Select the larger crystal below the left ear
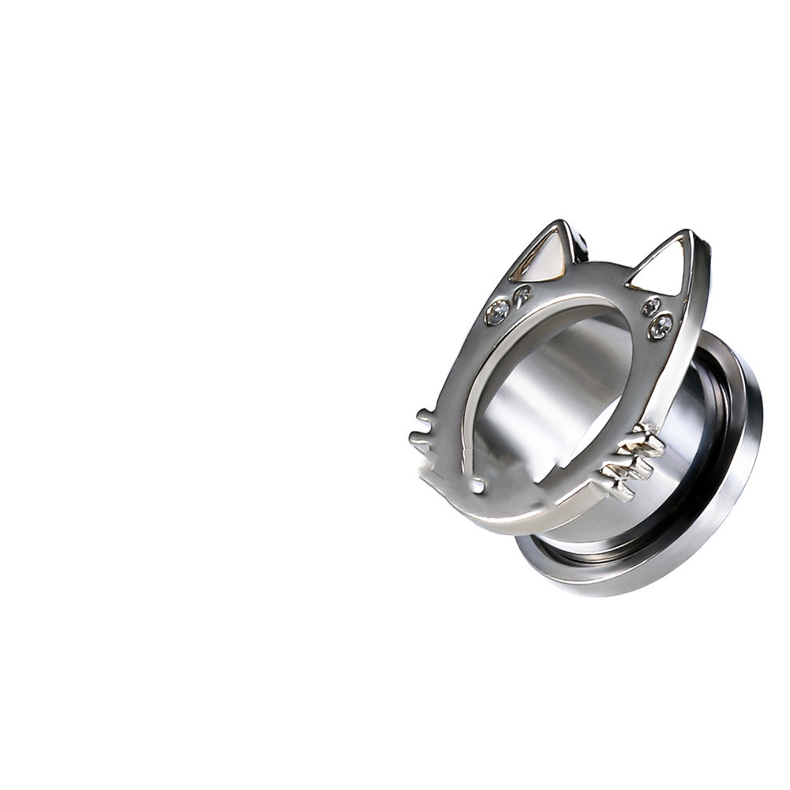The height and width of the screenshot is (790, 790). pyautogui.click(x=497, y=313)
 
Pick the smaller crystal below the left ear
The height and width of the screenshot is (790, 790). pyautogui.click(x=522, y=294)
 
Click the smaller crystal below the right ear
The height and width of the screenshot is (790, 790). pyautogui.click(x=651, y=305)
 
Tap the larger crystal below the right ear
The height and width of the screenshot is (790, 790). pyautogui.click(x=661, y=324)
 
